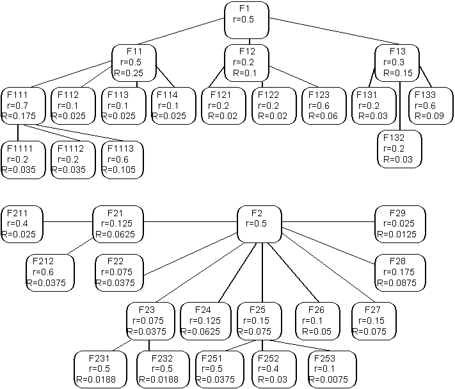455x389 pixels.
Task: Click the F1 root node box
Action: coord(246,20)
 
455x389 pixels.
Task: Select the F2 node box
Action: coord(259,224)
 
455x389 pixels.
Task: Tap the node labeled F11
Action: coord(134,63)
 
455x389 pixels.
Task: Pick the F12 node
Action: coord(246,63)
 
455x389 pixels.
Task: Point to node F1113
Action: coord(122,160)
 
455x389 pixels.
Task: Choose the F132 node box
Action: coord(399,148)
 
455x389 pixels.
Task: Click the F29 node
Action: coord(400,224)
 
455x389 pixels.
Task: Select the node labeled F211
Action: coord(22,224)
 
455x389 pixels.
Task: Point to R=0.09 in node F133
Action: coord(429,116)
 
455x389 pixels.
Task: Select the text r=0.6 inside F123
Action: coord(322,106)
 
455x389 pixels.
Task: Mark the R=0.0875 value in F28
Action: coord(400,283)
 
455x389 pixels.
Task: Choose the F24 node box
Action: coord(203,321)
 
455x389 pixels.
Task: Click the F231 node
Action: coord(97,369)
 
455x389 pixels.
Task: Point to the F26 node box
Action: coord(318,321)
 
